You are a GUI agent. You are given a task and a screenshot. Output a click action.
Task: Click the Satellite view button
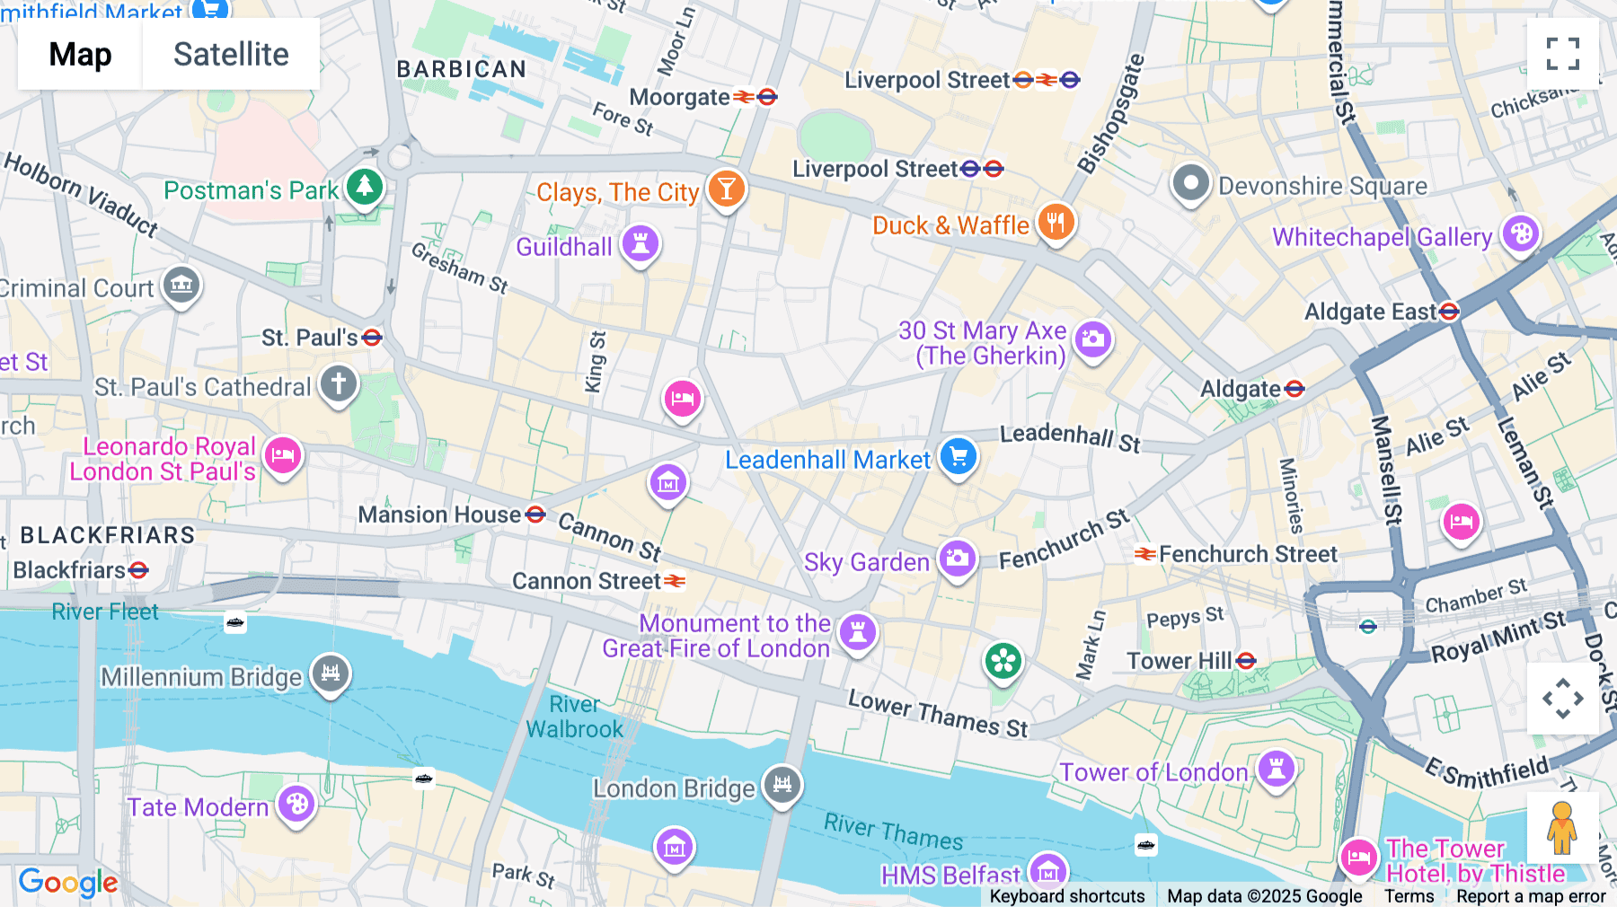coord(231,54)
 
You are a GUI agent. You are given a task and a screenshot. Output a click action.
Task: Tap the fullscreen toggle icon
coord(1562,54)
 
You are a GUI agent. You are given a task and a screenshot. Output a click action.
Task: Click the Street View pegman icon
coord(1562,828)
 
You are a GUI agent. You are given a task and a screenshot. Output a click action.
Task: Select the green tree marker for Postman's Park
coord(364,187)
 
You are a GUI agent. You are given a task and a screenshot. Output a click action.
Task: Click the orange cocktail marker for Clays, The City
coord(726,189)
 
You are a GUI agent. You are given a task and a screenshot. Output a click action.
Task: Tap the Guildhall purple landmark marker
coord(641,243)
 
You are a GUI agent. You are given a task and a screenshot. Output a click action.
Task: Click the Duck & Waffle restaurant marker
coord(1056,222)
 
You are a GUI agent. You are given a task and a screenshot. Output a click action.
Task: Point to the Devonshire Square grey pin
coord(1190,183)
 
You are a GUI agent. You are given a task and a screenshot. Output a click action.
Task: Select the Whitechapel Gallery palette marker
coord(1520,234)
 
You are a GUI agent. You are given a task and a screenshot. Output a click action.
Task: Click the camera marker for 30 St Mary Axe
coord(1092,339)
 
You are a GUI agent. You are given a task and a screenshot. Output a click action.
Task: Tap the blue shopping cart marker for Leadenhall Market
coord(959,456)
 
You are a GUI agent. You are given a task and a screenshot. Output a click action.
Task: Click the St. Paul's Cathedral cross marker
coord(339,384)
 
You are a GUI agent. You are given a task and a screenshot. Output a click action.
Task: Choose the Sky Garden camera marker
coord(957,559)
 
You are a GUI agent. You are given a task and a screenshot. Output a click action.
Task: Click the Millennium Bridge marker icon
coord(331,673)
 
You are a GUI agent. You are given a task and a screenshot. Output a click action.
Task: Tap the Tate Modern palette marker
coord(296,804)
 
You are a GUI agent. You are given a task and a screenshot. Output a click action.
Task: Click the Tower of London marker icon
coord(1276,768)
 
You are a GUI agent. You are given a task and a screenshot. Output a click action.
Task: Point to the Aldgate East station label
coord(1371,312)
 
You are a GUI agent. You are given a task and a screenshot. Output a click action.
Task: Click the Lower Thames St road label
coord(938,714)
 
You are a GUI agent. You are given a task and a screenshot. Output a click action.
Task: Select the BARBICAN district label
coord(461,69)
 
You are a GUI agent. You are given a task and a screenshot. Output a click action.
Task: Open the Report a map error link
coord(1531,896)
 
